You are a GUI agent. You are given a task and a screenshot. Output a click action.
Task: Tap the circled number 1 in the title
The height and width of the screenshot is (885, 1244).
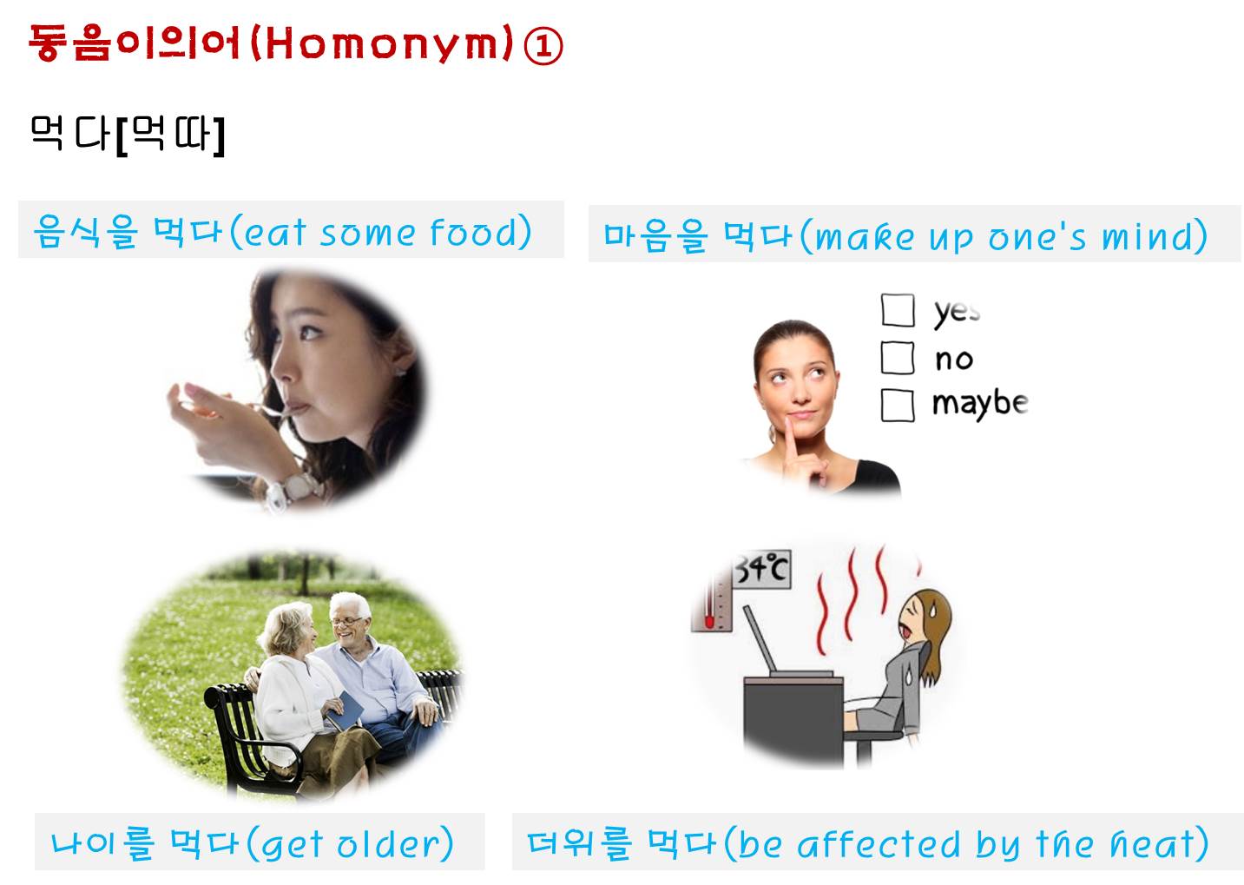point(543,45)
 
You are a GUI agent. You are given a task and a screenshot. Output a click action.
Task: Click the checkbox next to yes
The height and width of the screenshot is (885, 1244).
point(898,310)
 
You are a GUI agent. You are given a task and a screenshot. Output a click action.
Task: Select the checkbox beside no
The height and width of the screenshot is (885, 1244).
point(898,358)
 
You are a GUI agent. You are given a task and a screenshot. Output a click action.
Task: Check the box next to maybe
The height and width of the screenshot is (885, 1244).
point(898,405)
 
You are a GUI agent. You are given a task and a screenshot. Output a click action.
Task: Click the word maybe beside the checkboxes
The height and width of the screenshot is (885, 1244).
point(980,404)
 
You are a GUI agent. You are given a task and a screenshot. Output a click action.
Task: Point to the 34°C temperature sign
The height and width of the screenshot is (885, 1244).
point(762,568)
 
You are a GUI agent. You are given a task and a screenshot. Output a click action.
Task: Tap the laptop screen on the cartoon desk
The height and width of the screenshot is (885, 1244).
point(760,639)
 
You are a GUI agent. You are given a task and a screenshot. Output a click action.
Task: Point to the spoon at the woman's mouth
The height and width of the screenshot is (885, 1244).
point(278,411)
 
